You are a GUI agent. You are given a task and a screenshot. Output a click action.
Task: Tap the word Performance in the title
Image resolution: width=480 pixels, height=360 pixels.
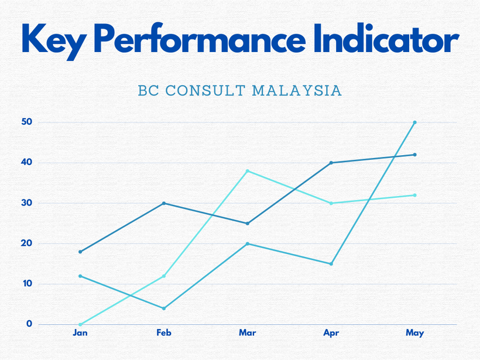point(200,38)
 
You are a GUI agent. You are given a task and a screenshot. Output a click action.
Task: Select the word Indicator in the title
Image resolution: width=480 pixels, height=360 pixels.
point(386,37)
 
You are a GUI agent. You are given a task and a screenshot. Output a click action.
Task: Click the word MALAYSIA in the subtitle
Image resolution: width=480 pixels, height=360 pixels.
point(297,91)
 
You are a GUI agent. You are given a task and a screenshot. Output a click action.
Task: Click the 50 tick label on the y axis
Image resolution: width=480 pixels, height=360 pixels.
point(26,122)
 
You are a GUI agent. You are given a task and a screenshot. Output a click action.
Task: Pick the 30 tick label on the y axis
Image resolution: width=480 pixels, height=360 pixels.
point(26,203)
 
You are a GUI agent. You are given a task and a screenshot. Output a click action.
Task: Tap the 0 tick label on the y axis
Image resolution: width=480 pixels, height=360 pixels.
point(29,324)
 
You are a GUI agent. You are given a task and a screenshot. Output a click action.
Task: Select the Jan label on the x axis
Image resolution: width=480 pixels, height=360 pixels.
point(80,332)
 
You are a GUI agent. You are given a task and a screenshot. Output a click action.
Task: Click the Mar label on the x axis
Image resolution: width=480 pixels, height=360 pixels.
point(248,332)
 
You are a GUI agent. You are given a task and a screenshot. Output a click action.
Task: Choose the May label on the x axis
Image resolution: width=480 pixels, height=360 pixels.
point(415,333)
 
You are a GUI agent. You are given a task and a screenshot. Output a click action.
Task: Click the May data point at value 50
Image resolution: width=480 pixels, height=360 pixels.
point(415,122)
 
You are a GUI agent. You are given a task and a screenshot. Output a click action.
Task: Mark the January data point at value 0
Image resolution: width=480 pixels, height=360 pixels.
point(80,324)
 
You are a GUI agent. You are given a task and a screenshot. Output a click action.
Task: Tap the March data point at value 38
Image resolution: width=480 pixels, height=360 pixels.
point(248,171)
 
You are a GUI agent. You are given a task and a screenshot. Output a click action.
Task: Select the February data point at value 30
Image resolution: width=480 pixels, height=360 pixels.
point(164,203)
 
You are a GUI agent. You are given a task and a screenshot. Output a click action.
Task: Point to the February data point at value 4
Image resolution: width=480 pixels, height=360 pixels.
point(164,308)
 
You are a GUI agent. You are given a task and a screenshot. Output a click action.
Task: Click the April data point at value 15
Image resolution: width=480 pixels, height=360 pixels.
point(331,264)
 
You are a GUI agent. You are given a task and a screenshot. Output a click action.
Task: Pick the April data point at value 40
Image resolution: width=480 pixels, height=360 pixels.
point(331,163)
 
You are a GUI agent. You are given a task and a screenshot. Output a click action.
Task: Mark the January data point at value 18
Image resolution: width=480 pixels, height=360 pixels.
point(80,252)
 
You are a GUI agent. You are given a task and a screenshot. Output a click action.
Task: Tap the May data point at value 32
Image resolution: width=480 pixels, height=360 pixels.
point(415,195)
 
